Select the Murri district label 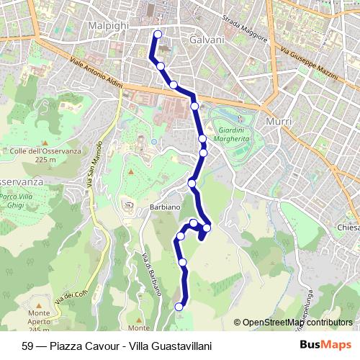pos(279,122)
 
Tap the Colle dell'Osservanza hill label pos(33,155)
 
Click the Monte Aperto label pos(39,318)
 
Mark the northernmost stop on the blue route pos(158,34)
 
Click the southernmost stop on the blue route pos(179,307)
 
